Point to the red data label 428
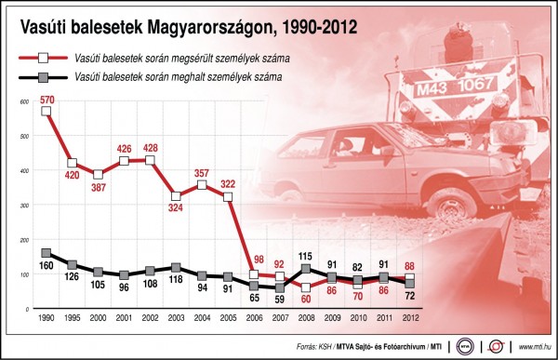pyautogui.click(x=150, y=148)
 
